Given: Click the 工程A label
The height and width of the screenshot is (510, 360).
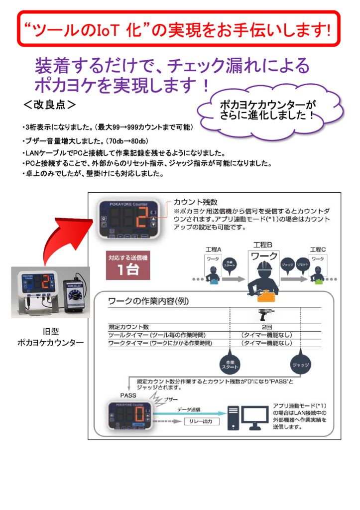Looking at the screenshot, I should pyautogui.click(x=213, y=249).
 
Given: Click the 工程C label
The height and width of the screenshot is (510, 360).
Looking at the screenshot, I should pyautogui.click(x=317, y=249).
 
